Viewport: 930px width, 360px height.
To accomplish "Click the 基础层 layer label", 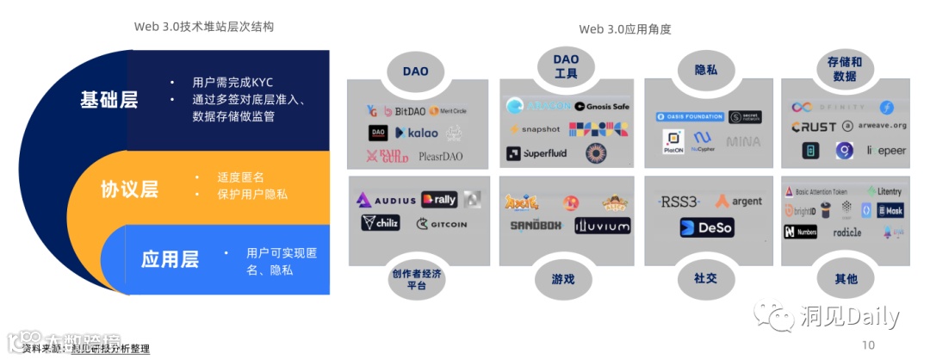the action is coord(109,99).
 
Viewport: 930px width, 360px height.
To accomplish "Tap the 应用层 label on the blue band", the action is coord(170,258).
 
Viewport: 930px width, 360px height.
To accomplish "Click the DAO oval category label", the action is coord(415,71).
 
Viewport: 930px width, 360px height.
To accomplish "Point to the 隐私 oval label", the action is coord(706,70).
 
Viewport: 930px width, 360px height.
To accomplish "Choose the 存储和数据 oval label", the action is coord(844,69).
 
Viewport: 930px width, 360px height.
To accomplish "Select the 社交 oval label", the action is coord(705,279).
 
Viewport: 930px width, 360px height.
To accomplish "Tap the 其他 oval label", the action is coord(846,279).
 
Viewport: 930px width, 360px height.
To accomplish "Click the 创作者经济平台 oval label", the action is coord(416,279).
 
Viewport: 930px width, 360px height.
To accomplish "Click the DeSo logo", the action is coord(706,228).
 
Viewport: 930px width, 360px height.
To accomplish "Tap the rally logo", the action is coord(439,200).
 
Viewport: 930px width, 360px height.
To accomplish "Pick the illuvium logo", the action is coord(603,226).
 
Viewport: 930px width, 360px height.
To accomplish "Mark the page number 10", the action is coord(867,345).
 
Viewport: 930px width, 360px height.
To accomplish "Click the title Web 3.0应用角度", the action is coord(624,29).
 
